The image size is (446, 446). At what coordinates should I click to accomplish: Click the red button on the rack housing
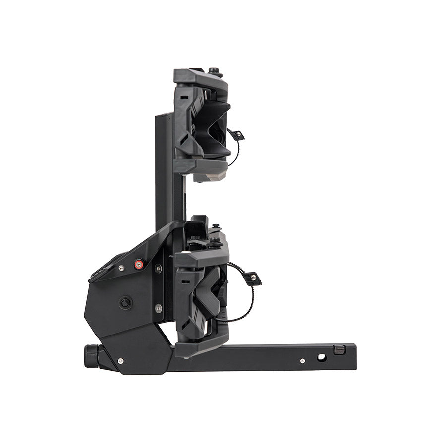tap(139, 265)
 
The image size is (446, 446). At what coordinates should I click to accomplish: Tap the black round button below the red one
tap(126, 302)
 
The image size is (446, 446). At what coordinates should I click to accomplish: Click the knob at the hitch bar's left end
tap(91, 356)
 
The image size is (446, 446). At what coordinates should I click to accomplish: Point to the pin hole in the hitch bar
tap(322, 357)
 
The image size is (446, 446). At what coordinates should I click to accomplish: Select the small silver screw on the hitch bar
tap(302, 361)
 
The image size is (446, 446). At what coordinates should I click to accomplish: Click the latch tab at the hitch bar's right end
tap(339, 350)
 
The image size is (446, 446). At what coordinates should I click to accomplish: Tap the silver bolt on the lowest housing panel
tap(121, 361)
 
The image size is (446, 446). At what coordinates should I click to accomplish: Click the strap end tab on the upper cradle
tap(237, 135)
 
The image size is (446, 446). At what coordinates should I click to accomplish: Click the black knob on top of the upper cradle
tap(214, 71)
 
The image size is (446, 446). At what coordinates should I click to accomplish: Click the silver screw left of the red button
tap(121, 268)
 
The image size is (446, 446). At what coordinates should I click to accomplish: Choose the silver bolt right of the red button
tap(158, 268)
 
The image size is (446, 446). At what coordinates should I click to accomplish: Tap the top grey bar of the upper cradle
tap(201, 78)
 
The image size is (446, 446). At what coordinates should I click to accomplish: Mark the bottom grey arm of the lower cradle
tap(201, 348)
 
